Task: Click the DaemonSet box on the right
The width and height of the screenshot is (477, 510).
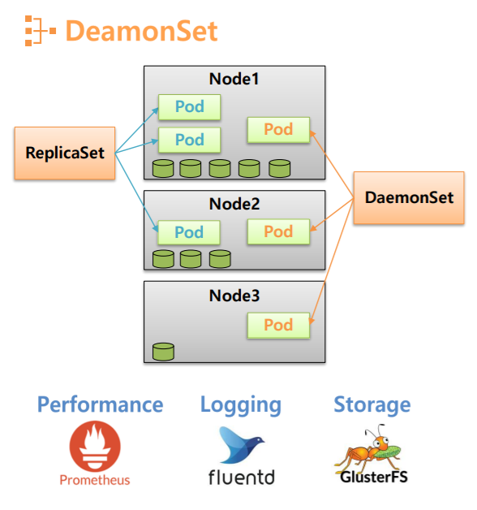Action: pyautogui.click(x=408, y=197)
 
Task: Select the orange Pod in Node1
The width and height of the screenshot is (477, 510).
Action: pyautogui.click(x=278, y=129)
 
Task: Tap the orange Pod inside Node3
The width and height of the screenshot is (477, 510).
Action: pyautogui.click(x=278, y=325)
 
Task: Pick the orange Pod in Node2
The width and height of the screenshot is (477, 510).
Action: pyautogui.click(x=278, y=231)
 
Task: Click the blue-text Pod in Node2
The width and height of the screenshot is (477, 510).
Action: pyautogui.click(x=189, y=232)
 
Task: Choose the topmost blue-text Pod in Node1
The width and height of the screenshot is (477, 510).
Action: pyautogui.click(x=189, y=106)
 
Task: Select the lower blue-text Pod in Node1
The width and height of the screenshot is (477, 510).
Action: pyautogui.click(x=189, y=140)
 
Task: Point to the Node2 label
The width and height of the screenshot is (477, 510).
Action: pyautogui.click(x=234, y=204)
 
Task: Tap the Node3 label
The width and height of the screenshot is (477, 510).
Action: pyautogui.click(x=234, y=296)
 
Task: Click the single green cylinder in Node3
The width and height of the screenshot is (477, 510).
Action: pyautogui.click(x=163, y=352)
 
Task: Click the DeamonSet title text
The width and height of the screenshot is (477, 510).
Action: pyautogui.click(x=141, y=31)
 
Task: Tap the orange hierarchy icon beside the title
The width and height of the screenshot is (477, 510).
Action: pyautogui.click(x=40, y=31)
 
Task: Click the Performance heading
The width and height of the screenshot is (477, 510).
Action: pyautogui.click(x=100, y=404)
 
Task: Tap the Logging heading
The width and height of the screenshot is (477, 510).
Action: pyautogui.click(x=241, y=404)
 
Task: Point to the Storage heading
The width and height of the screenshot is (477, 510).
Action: pyautogui.click(x=372, y=404)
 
